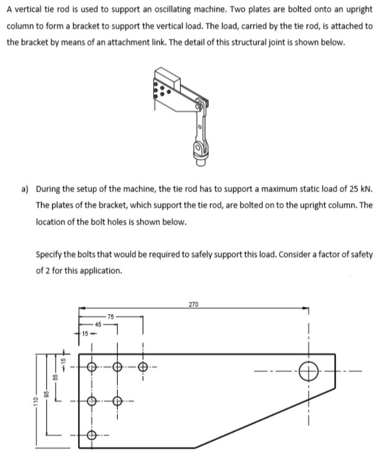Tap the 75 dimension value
pos(110,316)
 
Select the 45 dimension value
pos(98,324)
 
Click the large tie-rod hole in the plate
pos(309,371)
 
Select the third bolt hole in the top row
pos(142,367)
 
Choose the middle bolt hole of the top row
pos(117,367)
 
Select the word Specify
pos(50,254)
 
